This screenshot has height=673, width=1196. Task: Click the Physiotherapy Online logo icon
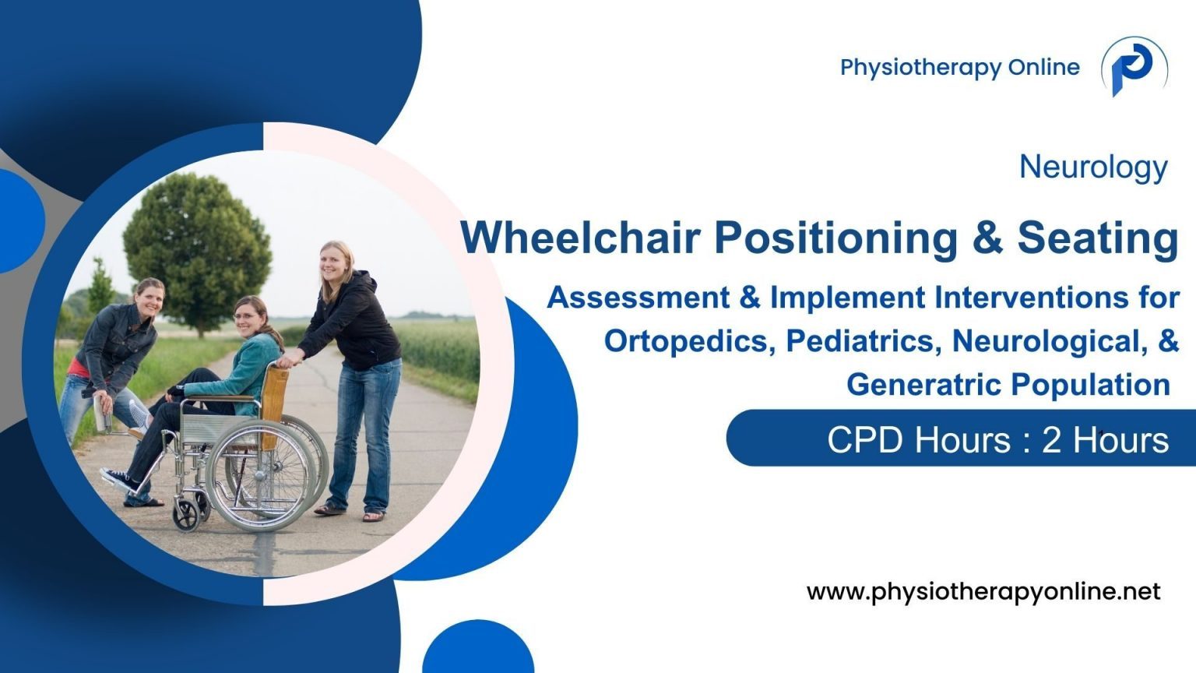[1134, 68]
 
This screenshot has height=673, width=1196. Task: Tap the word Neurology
[1093, 167]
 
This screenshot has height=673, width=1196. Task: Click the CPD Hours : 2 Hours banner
[997, 440]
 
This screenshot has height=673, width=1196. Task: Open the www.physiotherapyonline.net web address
[983, 592]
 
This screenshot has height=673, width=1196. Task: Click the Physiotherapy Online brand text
[959, 68]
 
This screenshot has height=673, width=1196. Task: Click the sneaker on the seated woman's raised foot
[119, 480]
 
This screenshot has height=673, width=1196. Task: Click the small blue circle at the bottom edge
[478, 650]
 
